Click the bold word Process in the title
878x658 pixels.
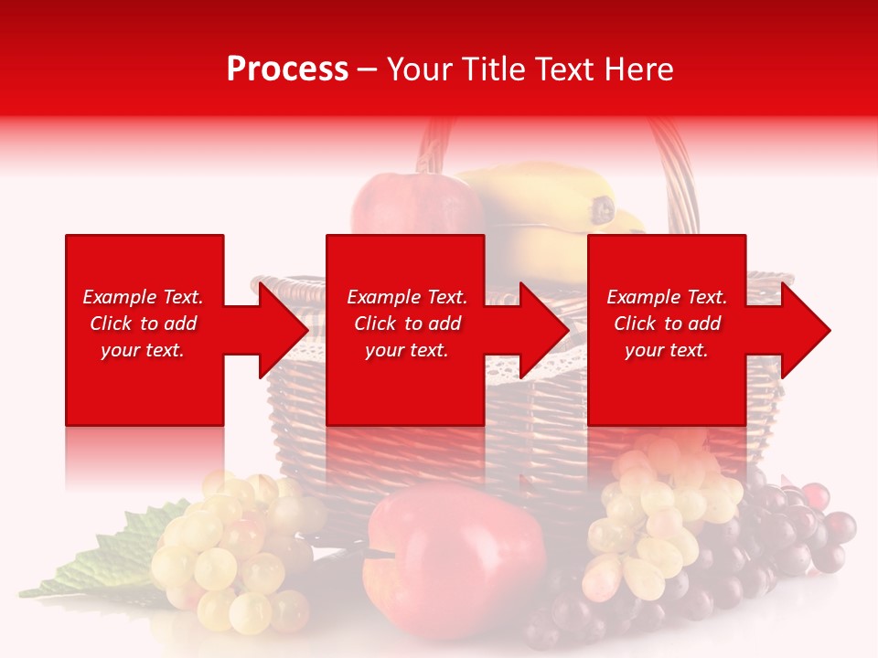[x=287, y=69]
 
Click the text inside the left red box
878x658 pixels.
[x=144, y=324]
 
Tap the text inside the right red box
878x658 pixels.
[x=667, y=324]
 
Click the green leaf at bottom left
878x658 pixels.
[x=110, y=567]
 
